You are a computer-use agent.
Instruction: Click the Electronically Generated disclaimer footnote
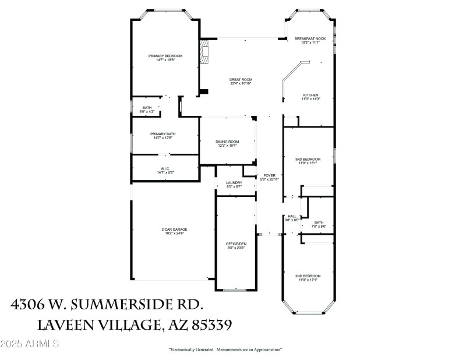click(x=225, y=350)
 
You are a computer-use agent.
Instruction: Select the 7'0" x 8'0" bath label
click(x=319, y=224)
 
